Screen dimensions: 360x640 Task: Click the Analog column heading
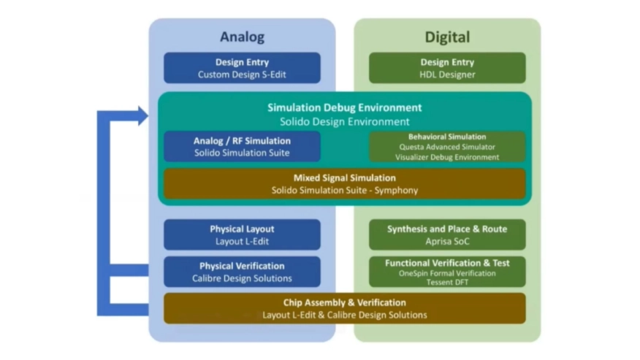click(242, 37)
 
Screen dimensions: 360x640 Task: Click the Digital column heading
click(447, 37)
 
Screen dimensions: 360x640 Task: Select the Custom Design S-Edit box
click(242, 68)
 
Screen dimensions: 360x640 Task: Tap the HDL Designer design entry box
click(447, 68)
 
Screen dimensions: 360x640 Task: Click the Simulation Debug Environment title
click(344, 108)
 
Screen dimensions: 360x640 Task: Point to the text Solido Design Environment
click(344, 122)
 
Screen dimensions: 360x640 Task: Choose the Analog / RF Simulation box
click(242, 146)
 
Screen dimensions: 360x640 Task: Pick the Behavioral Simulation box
click(447, 146)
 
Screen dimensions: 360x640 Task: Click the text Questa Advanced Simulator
click(447, 147)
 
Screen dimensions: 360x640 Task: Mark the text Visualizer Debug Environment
click(447, 157)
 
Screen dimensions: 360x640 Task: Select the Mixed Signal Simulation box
click(344, 184)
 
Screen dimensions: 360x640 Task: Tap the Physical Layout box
click(242, 234)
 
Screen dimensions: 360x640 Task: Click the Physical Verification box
click(242, 271)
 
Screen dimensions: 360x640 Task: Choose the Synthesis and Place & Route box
click(447, 234)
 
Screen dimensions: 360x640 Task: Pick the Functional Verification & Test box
click(447, 271)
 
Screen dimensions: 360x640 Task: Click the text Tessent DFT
click(447, 283)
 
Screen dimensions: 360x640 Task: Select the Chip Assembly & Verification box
click(344, 308)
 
